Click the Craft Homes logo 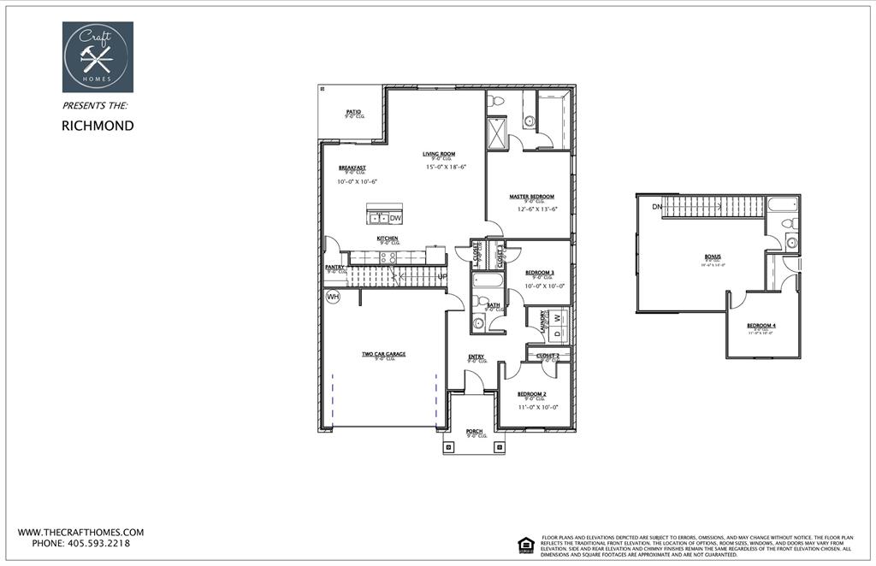[98, 57]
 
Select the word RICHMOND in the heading [98, 126]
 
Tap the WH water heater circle [333, 297]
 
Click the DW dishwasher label [395, 218]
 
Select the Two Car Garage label [383, 354]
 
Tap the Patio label [352, 112]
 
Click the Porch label [474, 432]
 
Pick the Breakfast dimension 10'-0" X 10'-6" [357, 181]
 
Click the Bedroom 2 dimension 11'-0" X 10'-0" [537, 408]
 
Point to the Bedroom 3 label [540, 273]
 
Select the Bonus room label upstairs [713, 256]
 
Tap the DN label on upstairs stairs [656, 207]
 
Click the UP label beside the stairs [442, 277]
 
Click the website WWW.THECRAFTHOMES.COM [80, 532]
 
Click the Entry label [476, 357]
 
